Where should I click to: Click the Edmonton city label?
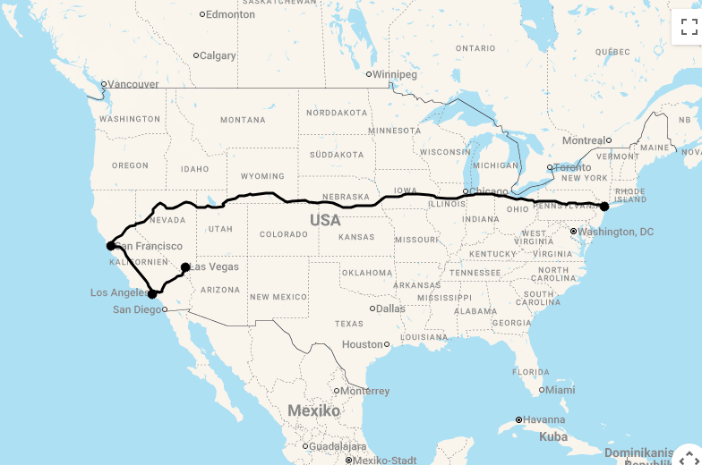coord(231,14)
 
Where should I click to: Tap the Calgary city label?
coord(218,55)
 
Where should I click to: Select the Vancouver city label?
coord(133,84)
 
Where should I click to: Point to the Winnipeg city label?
coord(395,74)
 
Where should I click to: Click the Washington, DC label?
coord(615,232)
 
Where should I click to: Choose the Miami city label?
coord(561,390)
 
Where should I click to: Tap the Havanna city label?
coord(544,419)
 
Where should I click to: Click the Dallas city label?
coord(390,309)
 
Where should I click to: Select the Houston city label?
coord(363,344)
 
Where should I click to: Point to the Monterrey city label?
coord(365,391)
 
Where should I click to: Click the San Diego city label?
coord(137,309)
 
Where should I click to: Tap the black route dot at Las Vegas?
coord(185,266)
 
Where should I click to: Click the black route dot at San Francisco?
coord(110,245)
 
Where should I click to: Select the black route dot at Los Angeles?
coord(152,293)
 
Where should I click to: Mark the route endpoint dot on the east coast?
coord(604,207)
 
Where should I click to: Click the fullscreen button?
coord(686,27)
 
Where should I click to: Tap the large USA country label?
coord(325,220)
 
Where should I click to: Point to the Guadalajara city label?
coord(338,446)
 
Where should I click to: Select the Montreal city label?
coord(584,140)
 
